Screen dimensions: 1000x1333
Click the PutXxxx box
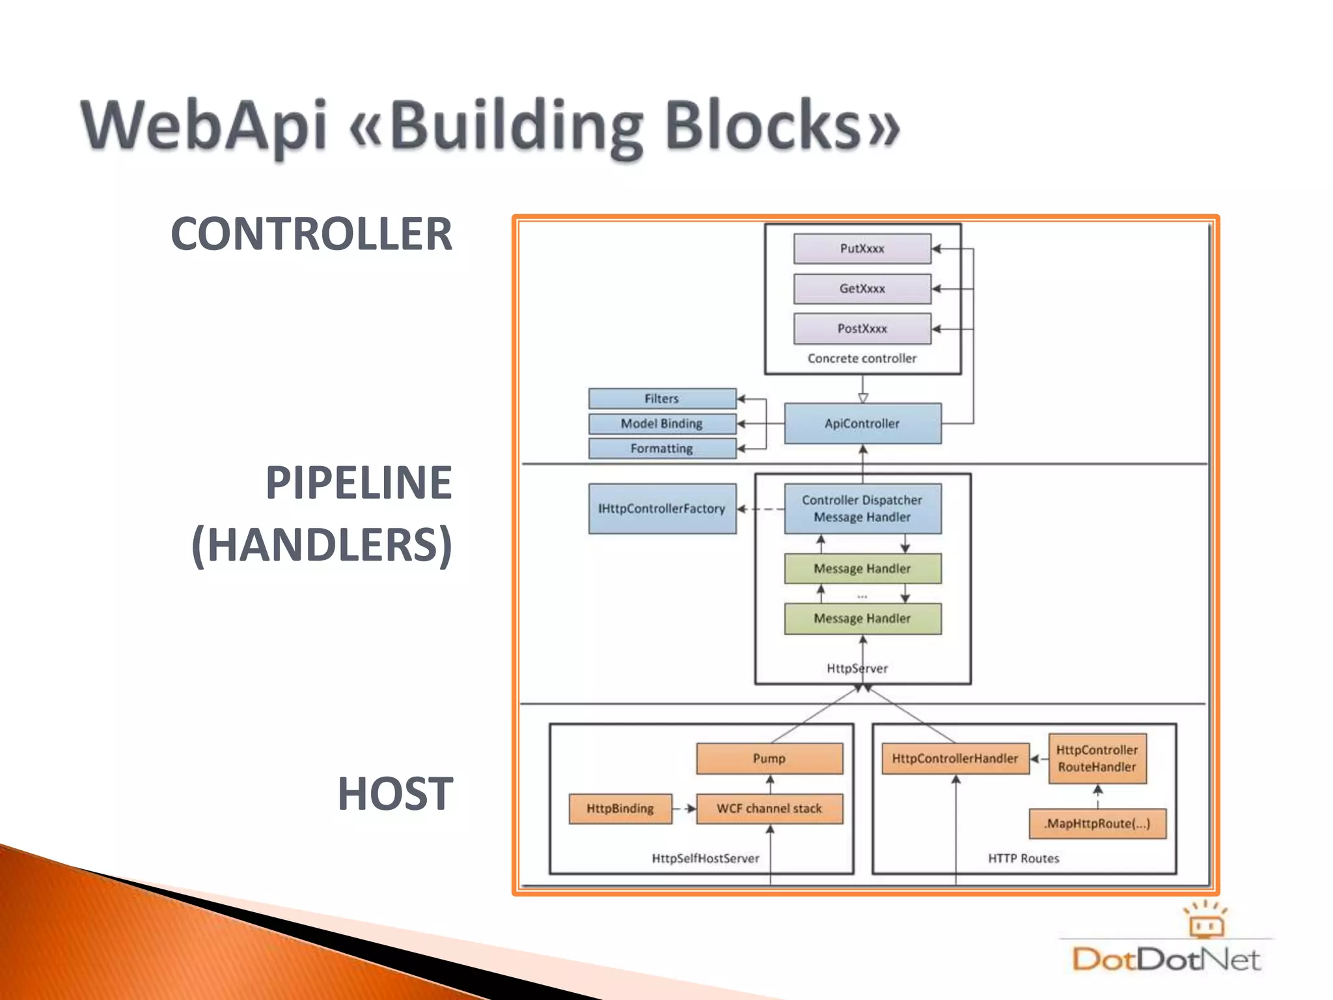862,249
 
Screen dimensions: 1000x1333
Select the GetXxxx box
862,288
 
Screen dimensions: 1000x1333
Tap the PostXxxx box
862,329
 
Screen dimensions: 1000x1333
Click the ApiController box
862,424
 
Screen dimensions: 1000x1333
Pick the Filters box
662,398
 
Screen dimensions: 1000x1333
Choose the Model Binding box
662,424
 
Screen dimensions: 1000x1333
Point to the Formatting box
662,449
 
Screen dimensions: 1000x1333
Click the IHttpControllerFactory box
662,508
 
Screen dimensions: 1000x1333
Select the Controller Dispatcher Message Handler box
862,508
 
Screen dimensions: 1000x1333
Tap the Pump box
769,758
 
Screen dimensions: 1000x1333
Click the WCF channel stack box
769,809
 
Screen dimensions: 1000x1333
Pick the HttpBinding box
620,809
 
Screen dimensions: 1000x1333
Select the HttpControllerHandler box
955,758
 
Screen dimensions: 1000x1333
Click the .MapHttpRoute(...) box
1097,824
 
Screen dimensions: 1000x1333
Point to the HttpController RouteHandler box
1097,758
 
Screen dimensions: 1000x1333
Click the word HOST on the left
395,794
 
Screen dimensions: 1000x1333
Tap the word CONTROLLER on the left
311,234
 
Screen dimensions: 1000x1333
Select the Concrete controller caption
862,359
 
